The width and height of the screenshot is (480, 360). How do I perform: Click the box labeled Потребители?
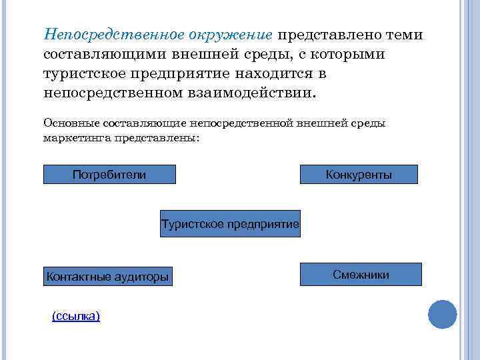tap(109, 175)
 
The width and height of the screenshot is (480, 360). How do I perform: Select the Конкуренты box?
tap(359, 175)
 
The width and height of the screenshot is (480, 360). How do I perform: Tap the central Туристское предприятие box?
tap(230, 223)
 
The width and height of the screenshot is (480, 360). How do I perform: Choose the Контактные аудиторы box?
tap(107, 276)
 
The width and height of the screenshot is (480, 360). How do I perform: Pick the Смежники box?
tap(361, 274)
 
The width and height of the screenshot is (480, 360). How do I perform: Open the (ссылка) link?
tap(76, 315)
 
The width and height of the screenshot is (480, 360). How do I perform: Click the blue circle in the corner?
tap(442, 314)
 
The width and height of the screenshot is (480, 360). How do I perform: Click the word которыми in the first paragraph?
tap(345, 53)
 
